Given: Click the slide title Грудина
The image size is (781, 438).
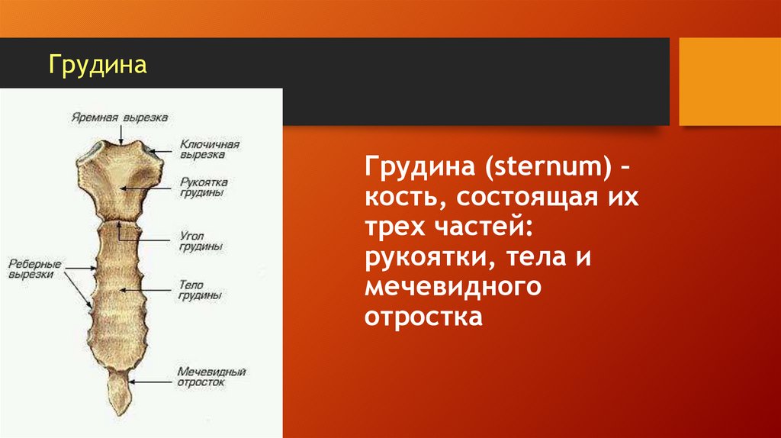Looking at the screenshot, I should point(98,64).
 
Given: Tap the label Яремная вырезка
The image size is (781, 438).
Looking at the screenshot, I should point(120,118).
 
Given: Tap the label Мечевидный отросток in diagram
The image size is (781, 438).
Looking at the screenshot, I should point(211,377).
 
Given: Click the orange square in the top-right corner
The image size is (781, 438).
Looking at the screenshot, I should point(730,81).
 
